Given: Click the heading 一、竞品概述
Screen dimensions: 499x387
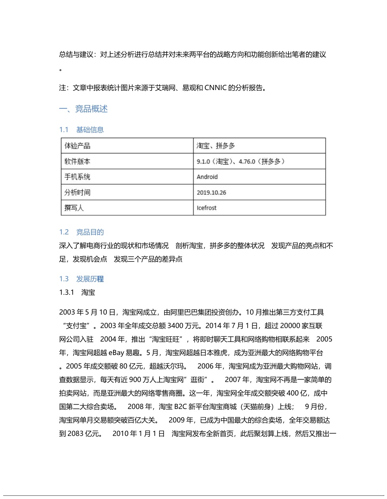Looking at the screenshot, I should click(x=83, y=109).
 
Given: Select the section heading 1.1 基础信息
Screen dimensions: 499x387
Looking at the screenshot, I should click(x=81, y=130).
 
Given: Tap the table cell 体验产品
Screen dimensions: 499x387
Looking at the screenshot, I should click(x=77, y=146).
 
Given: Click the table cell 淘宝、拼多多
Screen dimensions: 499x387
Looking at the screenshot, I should click(x=216, y=146).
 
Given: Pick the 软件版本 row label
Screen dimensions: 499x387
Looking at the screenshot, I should click(x=77, y=161).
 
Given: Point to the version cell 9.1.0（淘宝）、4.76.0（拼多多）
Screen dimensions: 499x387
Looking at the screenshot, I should click(x=241, y=161).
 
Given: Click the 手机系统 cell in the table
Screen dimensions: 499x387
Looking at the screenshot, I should click(x=77, y=177).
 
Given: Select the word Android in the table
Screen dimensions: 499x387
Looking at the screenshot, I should click(x=207, y=177).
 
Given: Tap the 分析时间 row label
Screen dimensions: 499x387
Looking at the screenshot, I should click(x=77, y=192).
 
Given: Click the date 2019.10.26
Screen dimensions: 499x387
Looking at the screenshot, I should click(x=211, y=192).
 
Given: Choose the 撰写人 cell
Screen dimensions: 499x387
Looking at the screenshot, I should click(x=74, y=208).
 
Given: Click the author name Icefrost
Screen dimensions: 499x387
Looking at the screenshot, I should click(x=206, y=208).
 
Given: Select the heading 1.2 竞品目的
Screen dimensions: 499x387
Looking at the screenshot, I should click(x=81, y=232).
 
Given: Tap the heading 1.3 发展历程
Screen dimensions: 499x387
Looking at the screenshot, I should click(x=81, y=279).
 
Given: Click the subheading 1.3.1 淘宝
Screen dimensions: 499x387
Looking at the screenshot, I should click(x=77, y=292).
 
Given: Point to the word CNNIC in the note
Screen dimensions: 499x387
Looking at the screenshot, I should click(x=215, y=88).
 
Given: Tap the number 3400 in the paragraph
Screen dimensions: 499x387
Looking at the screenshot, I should click(x=175, y=326).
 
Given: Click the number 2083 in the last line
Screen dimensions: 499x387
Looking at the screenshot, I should click(x=75, y=434).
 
